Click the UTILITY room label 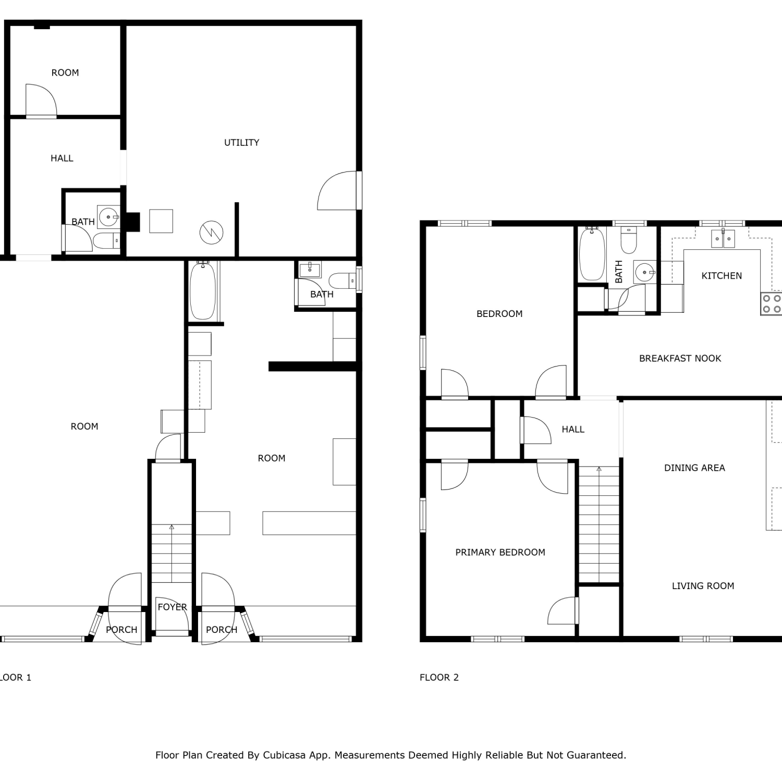tap(241, 142)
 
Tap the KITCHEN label tap(722, 276)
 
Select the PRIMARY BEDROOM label tap(500, 552)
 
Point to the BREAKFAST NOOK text tap(680, 358)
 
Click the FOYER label tap(172, 607)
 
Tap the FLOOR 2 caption tap(439, 677)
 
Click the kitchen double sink tap(724, 238)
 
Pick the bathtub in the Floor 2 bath tap(592, 254)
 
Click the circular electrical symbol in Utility tap(212, 232)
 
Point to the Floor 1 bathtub tap(202, 290)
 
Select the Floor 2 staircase tap(599, 524)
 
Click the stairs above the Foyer tap(172, 553)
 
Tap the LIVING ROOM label tap(703, 586)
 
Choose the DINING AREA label tap(694, 468)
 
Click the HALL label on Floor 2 tap(573, 430)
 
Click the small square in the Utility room tap(161, 221)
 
